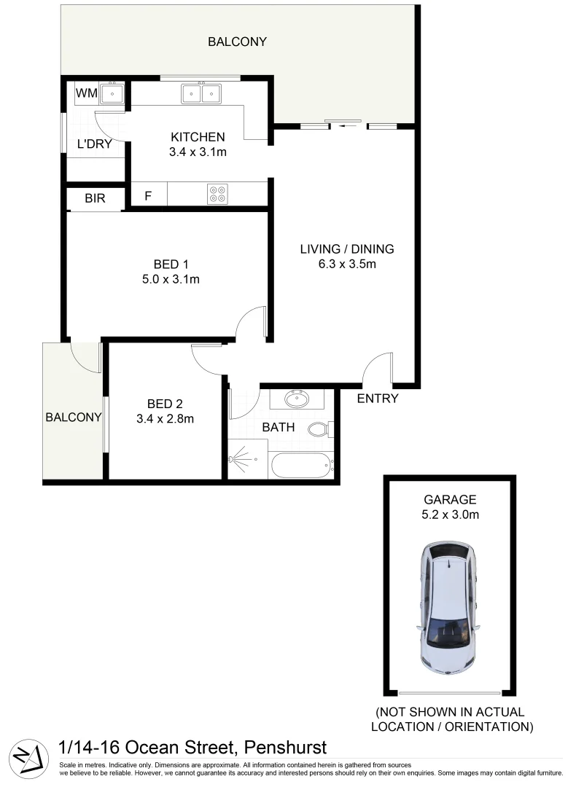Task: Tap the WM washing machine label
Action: click(87, 93)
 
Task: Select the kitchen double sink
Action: click(201, 93)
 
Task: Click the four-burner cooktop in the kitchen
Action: click(217, 195)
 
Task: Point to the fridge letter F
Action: click(148, 196)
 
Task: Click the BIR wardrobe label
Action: click(96, 197)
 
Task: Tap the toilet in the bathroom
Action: click(319, 428)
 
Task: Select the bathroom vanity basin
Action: click(297, 399)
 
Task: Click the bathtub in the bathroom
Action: click(300, 464)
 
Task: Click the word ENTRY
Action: click(378, 399)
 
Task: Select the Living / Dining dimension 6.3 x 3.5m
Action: click(347, 265)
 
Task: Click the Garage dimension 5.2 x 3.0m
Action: click(450, 514)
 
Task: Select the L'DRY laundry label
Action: click(94, 144)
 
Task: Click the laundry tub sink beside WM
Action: click(113, 93)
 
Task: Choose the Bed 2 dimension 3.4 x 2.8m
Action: click(165, 419)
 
